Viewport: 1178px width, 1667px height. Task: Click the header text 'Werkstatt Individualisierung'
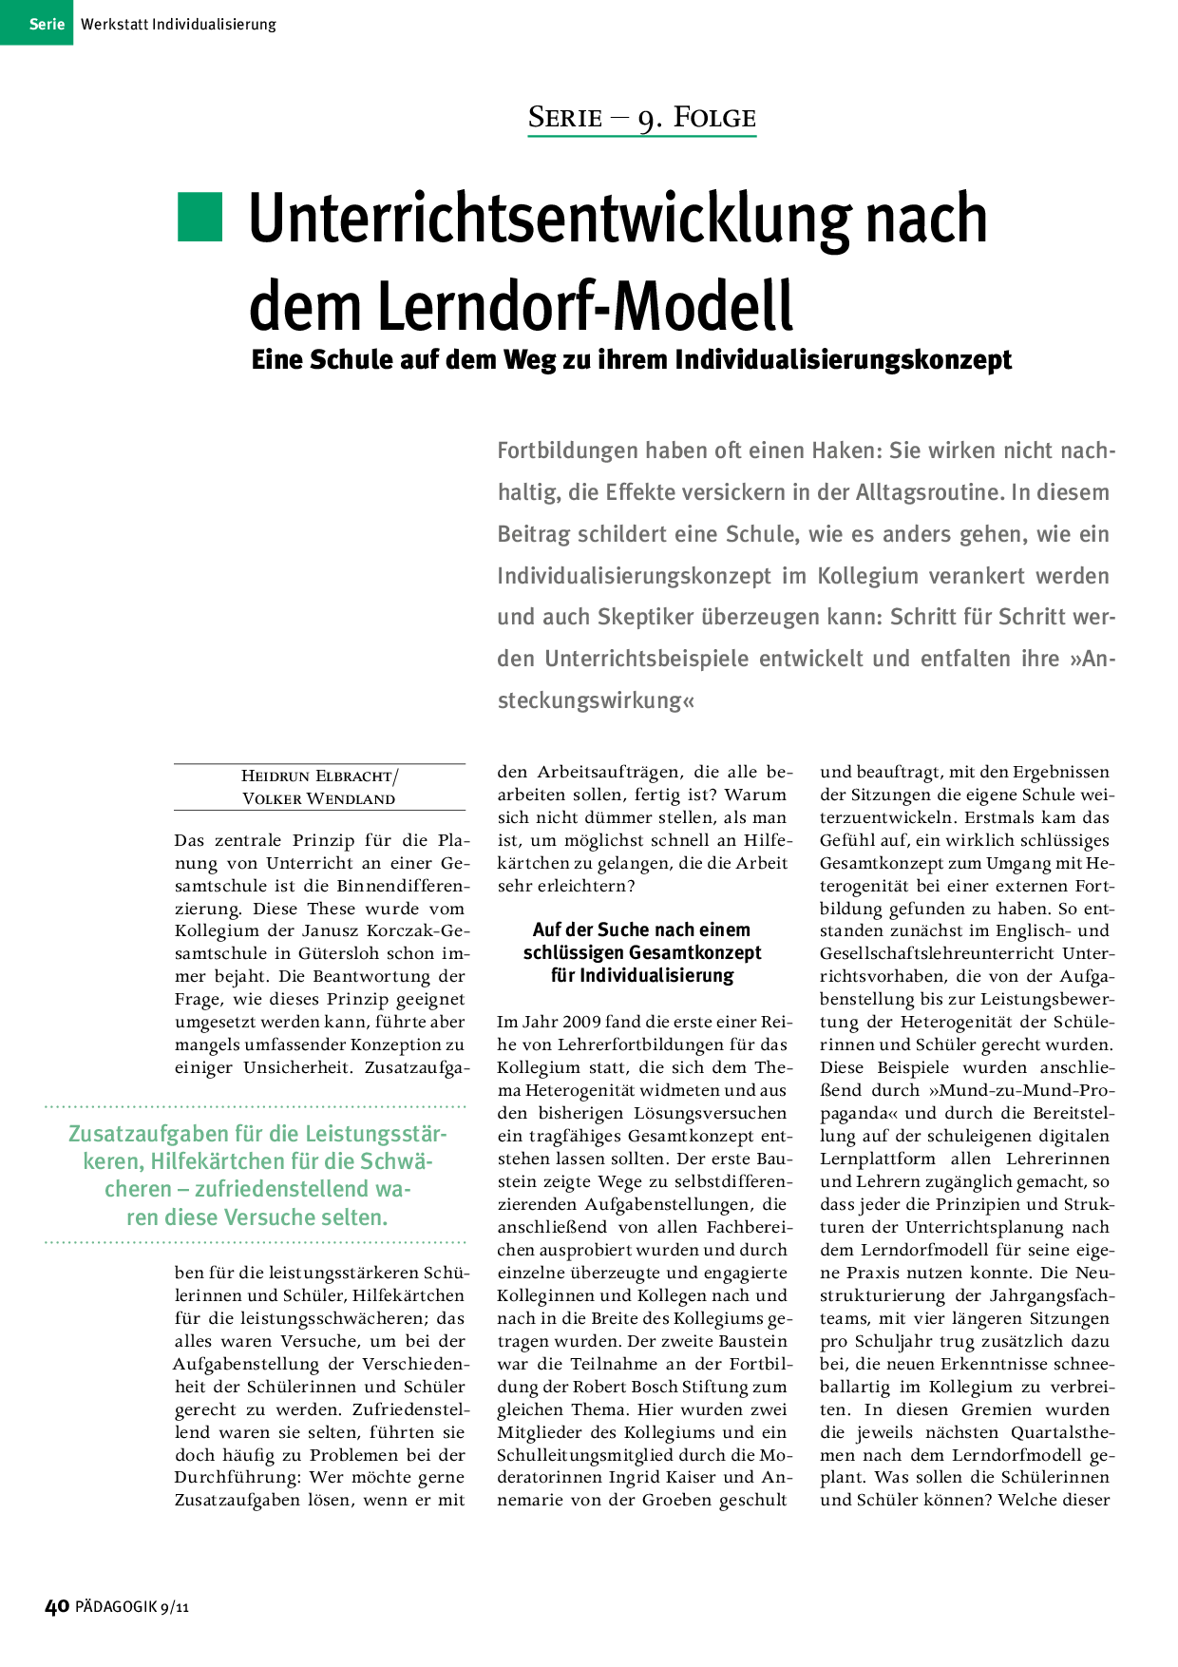(x=179, y=24)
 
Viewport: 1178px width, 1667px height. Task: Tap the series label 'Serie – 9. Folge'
(x=642, y=118)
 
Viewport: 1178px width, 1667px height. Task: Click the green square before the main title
(x=199, y=218)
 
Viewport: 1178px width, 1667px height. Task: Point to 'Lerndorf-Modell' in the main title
(x=585, y=306)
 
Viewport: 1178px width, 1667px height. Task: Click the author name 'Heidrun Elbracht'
(x=316, y=776)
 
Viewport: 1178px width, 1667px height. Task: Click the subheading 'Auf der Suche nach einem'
(x=641, y=929)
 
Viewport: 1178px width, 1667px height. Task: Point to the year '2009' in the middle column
(x=581, y=1022)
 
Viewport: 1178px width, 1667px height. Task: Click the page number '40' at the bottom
(x=57, y=1607)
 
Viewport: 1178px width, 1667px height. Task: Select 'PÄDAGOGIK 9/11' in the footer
(x=132, y=1607)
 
